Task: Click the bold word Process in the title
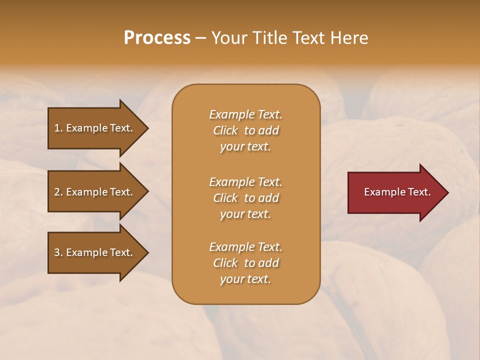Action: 157,38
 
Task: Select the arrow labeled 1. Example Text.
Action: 95,128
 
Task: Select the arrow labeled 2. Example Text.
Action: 95,192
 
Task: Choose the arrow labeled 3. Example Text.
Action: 95,252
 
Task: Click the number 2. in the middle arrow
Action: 58,192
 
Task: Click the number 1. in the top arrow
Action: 58,128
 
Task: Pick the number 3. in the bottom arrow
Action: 58,252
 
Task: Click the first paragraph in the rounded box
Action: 245,130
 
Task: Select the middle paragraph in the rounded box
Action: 245,198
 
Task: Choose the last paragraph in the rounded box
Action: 245,263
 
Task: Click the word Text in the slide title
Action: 307,38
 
